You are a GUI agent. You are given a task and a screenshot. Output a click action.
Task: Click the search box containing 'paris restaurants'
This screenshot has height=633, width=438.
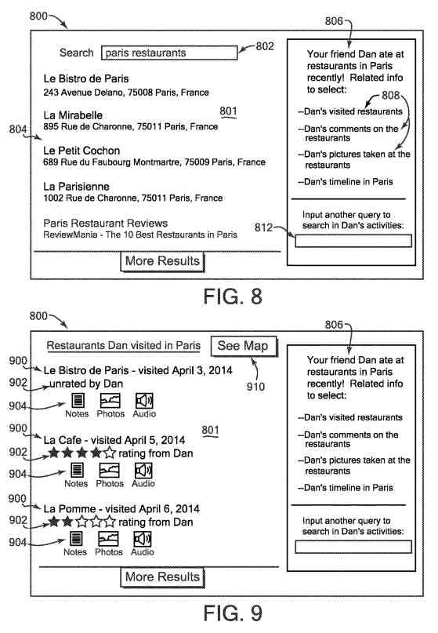pyautogui.click(x=169, y=53)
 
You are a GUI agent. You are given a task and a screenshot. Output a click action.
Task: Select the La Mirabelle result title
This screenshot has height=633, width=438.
pyautogui.click(x=73, y=115)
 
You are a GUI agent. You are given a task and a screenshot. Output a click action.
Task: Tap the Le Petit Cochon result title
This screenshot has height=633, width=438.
pyautogui.click(x=81, y=151)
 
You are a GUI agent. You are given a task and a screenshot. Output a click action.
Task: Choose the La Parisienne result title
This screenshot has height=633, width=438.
pyautogui.click(x=76, y=187)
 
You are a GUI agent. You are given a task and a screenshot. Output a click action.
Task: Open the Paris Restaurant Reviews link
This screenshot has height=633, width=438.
pyautogui.click(x=105, y=224)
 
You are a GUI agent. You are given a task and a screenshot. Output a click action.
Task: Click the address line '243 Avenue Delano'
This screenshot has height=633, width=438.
pyautogui.click(x=126, y=93)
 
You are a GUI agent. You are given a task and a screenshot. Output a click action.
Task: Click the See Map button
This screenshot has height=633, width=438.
pyautogui.click(x=244, y=346)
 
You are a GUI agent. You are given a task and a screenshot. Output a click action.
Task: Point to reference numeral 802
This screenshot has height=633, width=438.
pyautogui.click(x=265, y=46)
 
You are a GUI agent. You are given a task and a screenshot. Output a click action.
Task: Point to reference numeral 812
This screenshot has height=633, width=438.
pyautogui.click(x=263, y=227)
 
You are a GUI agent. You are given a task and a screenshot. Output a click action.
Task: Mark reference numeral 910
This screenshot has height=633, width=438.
pyautogui.click(x=255, y=387)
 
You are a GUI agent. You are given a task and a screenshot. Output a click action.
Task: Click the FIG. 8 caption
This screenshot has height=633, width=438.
pyautogui.click(x=233, y=296)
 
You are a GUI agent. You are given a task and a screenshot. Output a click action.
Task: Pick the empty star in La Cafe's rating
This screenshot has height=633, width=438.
pyautogui.click(x=110, y=453)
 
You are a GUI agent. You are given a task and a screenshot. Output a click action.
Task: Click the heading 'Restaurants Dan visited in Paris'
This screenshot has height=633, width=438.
pyautogui.click(x=124, y=346)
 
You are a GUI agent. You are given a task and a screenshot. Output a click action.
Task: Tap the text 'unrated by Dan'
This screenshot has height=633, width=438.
pyautogui.click(x=86, y=384)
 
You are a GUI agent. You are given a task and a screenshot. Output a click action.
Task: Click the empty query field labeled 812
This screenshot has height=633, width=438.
pyautogui.click(x=353, y=241)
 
